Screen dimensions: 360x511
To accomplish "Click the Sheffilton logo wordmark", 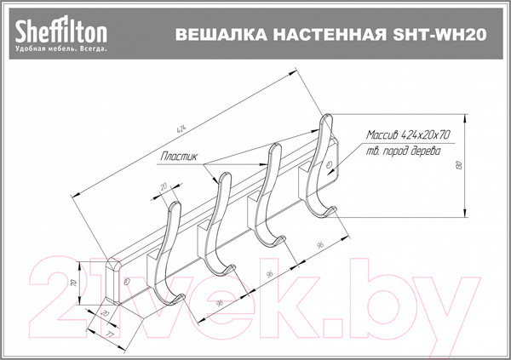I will pyautogui.click(x=60, y=31).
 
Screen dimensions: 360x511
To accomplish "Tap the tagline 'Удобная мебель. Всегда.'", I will pyautogui.click(x=60, y=49).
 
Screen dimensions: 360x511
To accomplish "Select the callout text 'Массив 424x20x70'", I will pyautogui.click(x=408, y=135).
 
